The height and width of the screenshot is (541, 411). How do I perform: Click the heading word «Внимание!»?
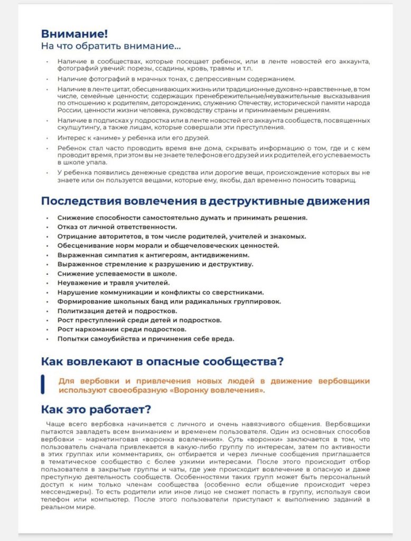74,34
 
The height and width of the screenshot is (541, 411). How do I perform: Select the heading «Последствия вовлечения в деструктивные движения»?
205,201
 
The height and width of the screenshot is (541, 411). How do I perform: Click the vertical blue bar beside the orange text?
43,385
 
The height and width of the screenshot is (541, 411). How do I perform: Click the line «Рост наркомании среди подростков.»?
122,329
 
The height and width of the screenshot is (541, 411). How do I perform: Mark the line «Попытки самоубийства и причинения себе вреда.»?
146,339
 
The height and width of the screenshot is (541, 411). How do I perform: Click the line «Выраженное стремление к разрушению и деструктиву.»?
155,264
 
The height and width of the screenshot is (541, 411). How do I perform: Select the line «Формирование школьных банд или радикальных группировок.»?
169,301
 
